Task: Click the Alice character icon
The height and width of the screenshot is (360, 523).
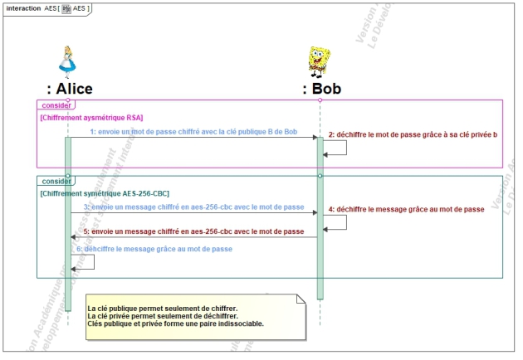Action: click(x=68, y=61)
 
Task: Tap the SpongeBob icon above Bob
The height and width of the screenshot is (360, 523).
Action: click(x=320, y=61)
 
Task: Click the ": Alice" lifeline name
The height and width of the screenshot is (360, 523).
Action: click(x=70, y=89)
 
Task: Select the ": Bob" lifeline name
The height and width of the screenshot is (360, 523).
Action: click(x=321, y=89)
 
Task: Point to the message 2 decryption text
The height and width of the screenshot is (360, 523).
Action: click(x=413, y=134)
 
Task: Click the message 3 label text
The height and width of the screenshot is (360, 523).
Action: click(x=193, y=207)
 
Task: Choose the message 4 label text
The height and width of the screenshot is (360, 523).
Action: click(x=407, y=209)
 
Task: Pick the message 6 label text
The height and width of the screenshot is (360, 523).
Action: click(x=158, y=249)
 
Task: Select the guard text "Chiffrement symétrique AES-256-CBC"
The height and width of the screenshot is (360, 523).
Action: click(x=105, y=192)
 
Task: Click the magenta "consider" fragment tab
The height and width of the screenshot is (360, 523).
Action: click(x=56, y=105)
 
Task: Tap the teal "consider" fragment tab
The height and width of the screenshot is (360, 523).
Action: click(x=56, y=181)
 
